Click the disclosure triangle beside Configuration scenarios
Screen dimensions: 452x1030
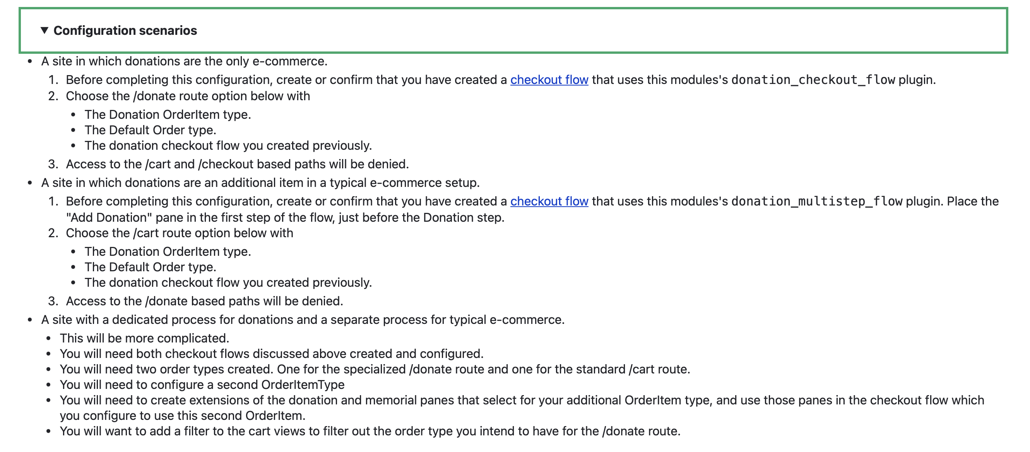44,31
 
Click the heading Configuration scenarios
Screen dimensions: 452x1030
125,31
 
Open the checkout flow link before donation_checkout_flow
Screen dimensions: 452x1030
549,80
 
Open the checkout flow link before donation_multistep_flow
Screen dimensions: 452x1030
549,201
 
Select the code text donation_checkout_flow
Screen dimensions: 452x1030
813,80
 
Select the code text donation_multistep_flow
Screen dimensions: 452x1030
816,202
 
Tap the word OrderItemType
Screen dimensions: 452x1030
303,385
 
